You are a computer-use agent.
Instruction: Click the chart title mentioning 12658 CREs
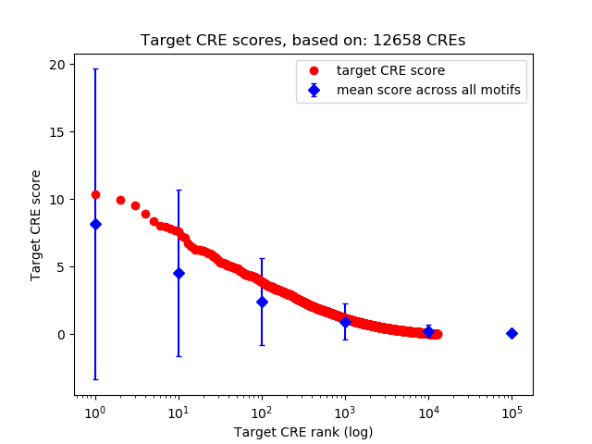(x=302, y=41)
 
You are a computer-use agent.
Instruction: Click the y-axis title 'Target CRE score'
(x=36, y=225)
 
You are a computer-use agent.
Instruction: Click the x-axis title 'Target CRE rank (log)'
(x=303, y=432)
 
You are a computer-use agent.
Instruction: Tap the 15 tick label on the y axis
(x=58, y=132)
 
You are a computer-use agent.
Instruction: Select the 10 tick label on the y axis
(x=58, y=200)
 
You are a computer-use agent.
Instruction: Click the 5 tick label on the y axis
(x=61, y=267)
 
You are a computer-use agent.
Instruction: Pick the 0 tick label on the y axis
(x=61, y=335)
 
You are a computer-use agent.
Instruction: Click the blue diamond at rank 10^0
(x=95, y=224)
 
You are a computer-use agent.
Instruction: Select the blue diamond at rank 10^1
(x=179, y=273)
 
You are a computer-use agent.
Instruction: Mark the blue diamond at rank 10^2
(x=262, y=302)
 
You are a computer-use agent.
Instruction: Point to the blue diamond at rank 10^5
(x=512, y=333)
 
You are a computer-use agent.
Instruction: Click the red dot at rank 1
(x=95, y=194)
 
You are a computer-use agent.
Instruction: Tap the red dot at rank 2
(x=120, y=200)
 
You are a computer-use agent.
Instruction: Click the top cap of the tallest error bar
(x=95, y=69)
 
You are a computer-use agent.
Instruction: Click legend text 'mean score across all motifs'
(x=428, y=90)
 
